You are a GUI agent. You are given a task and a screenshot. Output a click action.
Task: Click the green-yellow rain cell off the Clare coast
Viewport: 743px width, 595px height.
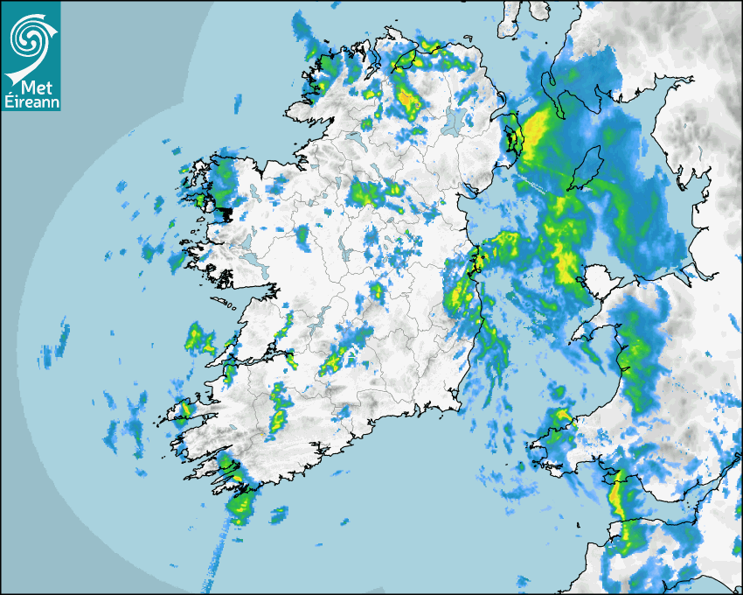[x=198, y=337]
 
